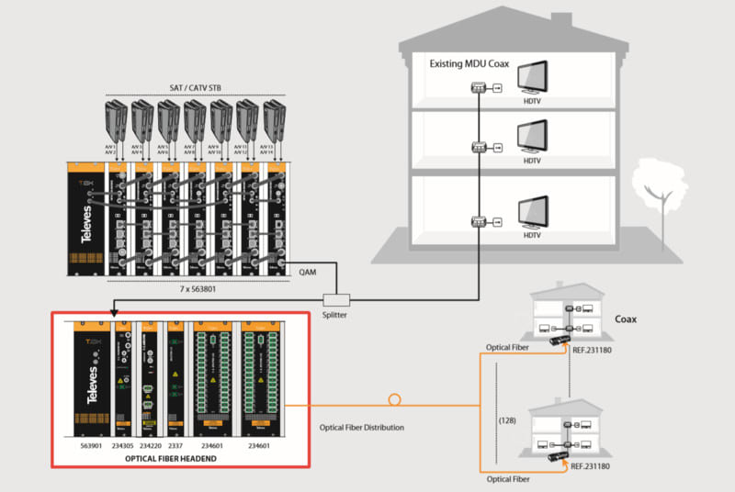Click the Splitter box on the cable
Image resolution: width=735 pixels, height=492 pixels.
(x=337, y=298)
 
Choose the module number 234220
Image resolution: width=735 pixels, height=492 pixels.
(x=151, y=444)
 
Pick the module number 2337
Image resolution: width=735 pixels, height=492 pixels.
(x=176, y=444)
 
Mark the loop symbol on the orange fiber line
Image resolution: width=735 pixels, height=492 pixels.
(x=395, y=400)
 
